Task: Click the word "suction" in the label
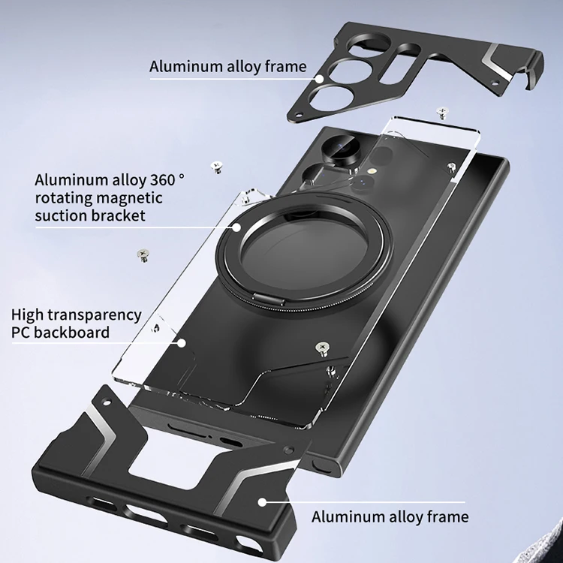click(59, 216)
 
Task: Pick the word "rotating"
click(63, 198)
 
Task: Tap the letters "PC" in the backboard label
click(22, 333)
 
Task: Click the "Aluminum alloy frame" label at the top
click(228, 66)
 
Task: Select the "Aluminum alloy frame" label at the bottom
click(390, 516)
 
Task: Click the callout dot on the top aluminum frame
click(320, 77)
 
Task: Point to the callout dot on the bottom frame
click(262, 501)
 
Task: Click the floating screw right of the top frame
click(441, 113)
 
